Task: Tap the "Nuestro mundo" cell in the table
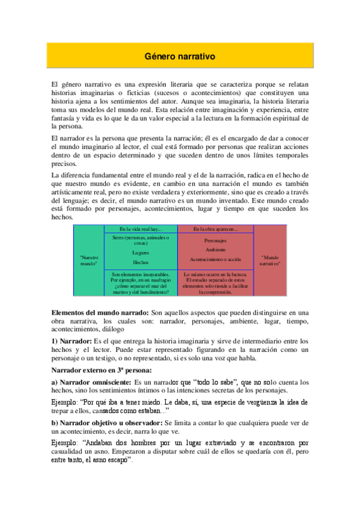pos(89,260)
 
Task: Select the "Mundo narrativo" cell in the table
pos(270,260)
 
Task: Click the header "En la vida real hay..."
pos(141,229)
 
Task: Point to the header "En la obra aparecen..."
pos(216,229)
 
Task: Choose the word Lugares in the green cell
pos(141,253)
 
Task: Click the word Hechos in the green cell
pos(141,262)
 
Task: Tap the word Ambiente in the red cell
pos(216,250)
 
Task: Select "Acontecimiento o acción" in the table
pos(216,259)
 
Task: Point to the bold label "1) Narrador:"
pos(71,341)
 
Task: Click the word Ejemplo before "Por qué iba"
pos(64,402)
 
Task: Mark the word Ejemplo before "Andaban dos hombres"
pos(64,443)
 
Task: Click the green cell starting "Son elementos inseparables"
pos(141,283)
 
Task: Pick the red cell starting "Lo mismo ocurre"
pos(216,283)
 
